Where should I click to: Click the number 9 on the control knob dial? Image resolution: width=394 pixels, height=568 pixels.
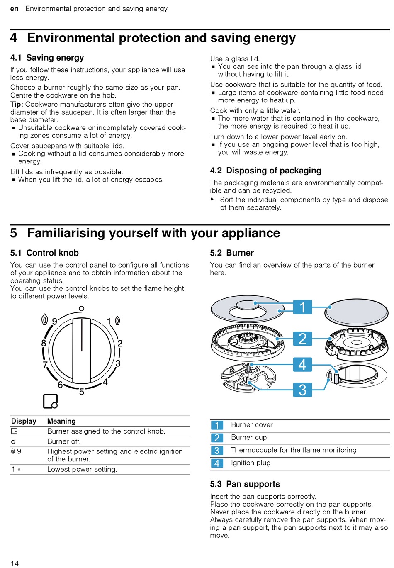(54, 322)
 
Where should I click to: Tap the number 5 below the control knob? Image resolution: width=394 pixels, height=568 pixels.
(82, 392)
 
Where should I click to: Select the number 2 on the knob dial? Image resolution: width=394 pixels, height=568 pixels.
(120, 343)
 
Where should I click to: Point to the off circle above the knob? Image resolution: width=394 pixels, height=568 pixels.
(82, 308)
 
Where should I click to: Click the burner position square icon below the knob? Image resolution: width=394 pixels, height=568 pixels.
(50, 401)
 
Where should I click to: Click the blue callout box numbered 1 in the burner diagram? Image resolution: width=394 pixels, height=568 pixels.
(302, 307)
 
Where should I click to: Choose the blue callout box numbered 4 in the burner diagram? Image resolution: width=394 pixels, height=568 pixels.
(302, 365)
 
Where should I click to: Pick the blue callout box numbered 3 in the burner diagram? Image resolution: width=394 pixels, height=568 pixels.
(302, 390)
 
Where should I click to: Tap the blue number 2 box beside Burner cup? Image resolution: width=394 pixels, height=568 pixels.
(217, 438)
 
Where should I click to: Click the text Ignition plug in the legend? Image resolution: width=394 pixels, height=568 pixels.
(251, 463)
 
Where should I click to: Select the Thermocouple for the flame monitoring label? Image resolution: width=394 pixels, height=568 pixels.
(294, 450)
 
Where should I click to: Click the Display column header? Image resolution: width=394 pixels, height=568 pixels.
(24, 421)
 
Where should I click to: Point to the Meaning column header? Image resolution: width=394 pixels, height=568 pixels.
(61, 421)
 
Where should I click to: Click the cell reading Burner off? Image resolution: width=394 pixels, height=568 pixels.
(64, 441)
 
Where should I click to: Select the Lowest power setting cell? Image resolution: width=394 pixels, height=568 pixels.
(82, 469)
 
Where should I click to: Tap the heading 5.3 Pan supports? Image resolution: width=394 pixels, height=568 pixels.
(245, 484)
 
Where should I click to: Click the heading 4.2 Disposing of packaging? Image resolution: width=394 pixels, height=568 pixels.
(265, 171)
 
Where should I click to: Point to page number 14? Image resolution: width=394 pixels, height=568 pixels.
(15, 563)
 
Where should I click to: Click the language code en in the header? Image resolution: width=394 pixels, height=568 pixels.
(14, 9)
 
